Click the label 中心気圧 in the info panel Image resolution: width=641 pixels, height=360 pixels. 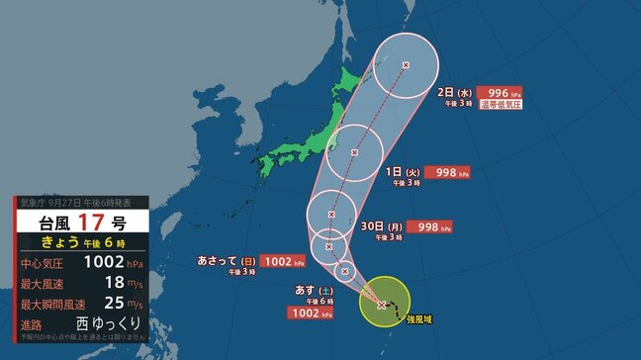(x=43, y=263)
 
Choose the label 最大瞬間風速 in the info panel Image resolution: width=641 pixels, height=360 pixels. (x=46, y=303)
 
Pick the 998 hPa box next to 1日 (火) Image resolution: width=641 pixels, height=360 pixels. (x=444, y=172)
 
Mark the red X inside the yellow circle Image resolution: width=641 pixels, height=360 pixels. (x=382, y=305)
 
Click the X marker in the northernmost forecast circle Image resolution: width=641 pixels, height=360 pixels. (x=407, y=65)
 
